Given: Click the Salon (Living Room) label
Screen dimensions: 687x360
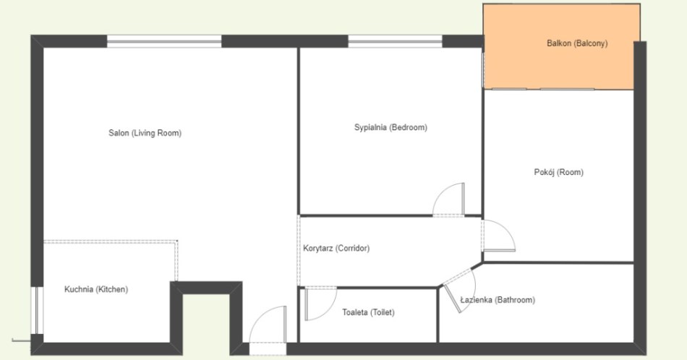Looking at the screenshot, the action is (145, 133).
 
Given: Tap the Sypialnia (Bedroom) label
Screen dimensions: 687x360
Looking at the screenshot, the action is (391, 127).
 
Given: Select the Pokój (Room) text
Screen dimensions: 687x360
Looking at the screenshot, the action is (558, 172).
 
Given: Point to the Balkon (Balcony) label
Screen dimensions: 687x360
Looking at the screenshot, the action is (577, 43).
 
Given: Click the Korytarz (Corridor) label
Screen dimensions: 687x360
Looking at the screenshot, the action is (336, 249).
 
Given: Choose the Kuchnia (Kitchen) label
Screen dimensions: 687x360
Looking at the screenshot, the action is (96, 289).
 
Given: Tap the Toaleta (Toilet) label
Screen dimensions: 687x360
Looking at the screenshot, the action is (368, 313).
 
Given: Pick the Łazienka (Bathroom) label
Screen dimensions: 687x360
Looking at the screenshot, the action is (498, 300).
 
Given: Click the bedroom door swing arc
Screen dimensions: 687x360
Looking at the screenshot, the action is (440, 193).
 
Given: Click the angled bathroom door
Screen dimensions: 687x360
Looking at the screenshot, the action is (453, 299).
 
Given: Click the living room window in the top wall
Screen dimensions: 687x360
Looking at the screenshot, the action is (164, 42).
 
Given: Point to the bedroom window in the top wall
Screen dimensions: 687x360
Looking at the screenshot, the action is (395, 42).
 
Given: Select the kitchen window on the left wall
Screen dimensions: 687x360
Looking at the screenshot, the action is (38, 310).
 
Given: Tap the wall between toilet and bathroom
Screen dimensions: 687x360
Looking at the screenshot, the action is (438, 315).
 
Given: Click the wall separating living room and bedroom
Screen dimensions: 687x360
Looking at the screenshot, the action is (299, 132).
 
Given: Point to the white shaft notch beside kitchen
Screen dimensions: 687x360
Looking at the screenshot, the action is (206, 324).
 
